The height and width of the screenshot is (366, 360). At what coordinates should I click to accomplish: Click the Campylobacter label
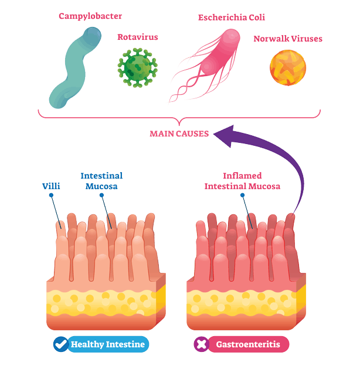click(x=90, y=16)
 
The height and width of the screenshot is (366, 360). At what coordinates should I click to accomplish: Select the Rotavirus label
click(x=138, y=37)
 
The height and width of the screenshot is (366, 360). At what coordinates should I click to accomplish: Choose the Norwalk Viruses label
click(x=287, y=39)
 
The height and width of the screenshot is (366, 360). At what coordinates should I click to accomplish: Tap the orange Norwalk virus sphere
click(x=287, y=68)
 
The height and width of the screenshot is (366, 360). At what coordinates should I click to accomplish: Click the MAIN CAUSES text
click(x=179, y=134)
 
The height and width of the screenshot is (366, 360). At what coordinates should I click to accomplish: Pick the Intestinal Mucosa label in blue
click(x=101, y=181)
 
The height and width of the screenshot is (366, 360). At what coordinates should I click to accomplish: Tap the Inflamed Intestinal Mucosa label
click(x=242, y=181)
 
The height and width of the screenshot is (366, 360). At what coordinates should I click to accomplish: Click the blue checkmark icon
click(x=60, y=344)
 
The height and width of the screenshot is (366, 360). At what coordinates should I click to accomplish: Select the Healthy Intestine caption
click(x=107, y=344)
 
